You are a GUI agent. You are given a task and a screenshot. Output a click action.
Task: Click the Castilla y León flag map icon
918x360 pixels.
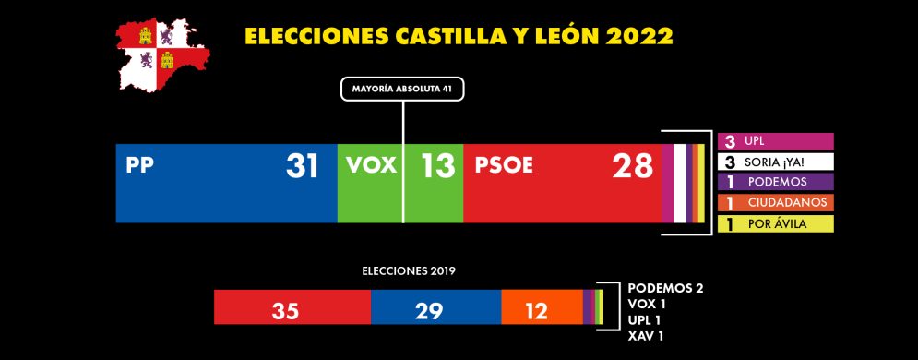coord(162,55)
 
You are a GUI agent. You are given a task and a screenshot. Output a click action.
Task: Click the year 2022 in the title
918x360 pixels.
coord(639,36)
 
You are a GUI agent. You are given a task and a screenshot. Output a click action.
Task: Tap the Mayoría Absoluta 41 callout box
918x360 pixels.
coord(402,90)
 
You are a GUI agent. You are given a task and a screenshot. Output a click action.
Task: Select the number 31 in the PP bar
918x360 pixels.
coord(302,166)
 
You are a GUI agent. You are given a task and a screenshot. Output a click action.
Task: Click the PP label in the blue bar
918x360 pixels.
coord(139,166)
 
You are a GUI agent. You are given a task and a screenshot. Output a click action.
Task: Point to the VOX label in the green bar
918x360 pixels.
coord(371,166)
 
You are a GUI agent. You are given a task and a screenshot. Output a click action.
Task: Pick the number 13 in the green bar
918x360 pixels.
coord(437,166)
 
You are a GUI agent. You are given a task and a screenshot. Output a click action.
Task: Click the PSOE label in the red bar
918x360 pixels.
coord(504,166)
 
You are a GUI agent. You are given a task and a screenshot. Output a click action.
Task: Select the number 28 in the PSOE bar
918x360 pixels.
coord(632,166)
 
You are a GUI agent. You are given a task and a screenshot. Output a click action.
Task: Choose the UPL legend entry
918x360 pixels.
coord(775,141)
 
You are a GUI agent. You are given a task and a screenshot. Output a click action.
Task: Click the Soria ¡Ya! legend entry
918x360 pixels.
coord(775,162)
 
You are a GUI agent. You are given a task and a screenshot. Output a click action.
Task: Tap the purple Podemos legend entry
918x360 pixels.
coord(775,182)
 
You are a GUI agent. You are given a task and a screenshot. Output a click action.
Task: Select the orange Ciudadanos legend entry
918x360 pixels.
coord(775,202)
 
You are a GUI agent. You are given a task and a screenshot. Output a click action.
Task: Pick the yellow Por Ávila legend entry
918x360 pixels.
coord(775,223)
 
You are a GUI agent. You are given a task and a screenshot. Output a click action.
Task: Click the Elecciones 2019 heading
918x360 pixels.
coord(408,272)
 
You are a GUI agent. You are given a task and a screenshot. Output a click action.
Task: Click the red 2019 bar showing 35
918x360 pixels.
coord(292,307)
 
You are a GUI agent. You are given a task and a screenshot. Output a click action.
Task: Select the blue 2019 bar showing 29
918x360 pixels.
coord(435,307)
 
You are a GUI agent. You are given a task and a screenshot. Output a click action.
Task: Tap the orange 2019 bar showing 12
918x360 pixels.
coord(542,307)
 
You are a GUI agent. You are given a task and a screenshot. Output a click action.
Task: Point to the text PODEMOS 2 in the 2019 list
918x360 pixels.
coord(664,288)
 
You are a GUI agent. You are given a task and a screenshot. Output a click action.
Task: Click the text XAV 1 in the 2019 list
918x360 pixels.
coord(645,335)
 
